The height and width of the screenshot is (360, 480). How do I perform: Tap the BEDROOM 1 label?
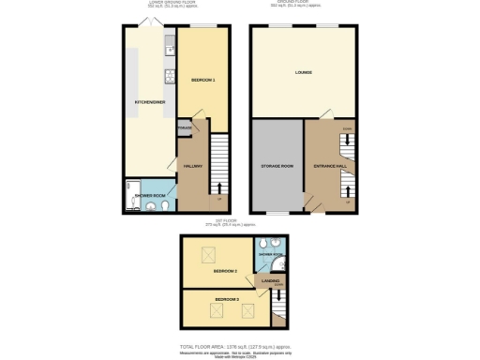203,81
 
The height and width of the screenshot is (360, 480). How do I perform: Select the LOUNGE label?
303,72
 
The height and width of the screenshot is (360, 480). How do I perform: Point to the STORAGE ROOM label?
277,166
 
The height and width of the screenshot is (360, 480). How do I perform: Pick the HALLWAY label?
192,166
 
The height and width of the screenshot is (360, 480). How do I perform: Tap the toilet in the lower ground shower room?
163,204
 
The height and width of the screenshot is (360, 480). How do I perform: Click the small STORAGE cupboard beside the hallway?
185,127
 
